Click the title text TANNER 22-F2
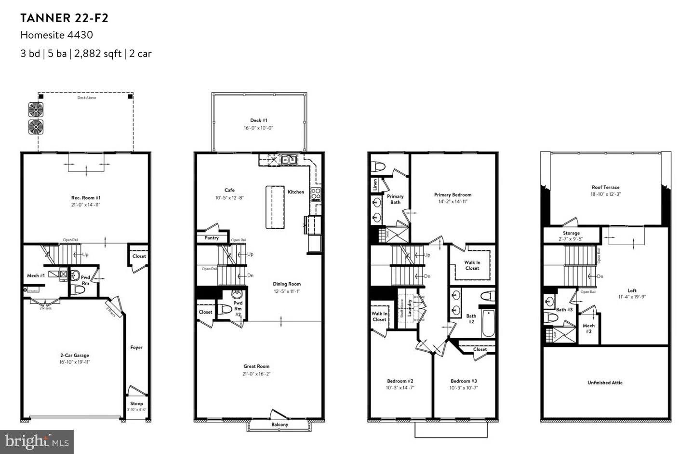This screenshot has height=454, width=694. click(x=64, y=18)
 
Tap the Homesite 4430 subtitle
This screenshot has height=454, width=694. click(x=56, y=35)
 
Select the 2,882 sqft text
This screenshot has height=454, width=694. click(x=98, y=54)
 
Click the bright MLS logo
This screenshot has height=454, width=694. click(x=37, y=441)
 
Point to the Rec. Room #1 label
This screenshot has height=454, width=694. click(x=86, y=198)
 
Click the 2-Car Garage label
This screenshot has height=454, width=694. click(x=75, y=355)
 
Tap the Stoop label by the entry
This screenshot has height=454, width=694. click(x=136, y=403)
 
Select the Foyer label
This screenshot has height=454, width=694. click(x=136, y=347)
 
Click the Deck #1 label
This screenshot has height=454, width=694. click(x=258, y=121)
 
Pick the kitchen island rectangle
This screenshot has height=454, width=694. click(x=275, y=207)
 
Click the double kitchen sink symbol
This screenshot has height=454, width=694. click(x=289, y=159)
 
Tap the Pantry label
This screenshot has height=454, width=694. click(x=212, y=238)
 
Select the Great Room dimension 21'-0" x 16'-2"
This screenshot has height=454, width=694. click(x=256, y=374)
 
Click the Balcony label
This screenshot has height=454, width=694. click(x=280, y=425)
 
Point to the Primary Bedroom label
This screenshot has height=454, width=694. click(x=453, y=195)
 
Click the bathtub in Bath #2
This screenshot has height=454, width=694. click(x=488, y=323)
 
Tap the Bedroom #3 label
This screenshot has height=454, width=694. click(x=464, y=381)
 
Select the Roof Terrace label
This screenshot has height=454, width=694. click(x=605, y=187)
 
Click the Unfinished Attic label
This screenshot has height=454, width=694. click(x=605, y=383)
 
